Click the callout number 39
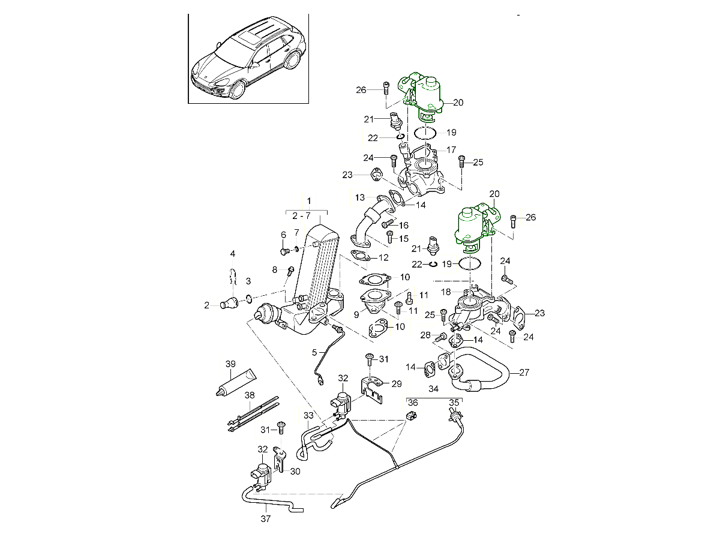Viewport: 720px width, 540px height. pos(230,365)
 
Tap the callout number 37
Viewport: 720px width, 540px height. pos(265,519)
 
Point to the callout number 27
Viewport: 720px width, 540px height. pos(524,372)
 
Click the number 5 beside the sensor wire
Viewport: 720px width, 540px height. pos(314,353)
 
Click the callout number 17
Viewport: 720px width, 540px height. pos(451,149)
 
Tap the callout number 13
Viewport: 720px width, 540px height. pos(359,197)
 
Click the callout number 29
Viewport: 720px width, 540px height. pos(397,383)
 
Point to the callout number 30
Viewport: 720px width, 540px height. pos(294,471)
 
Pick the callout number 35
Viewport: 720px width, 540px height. pos(454,402)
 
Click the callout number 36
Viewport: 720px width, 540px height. pos(412,402)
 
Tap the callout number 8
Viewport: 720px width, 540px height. pos(275,270)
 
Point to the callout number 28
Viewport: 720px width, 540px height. pos(426,335)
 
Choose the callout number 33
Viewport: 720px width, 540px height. pos(308,415)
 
